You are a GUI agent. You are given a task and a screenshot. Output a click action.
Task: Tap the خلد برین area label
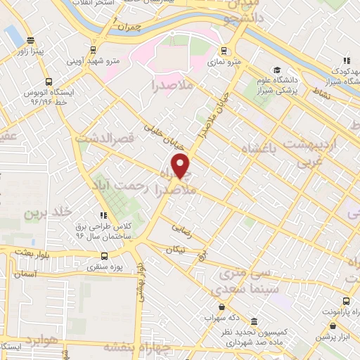coord(49,212)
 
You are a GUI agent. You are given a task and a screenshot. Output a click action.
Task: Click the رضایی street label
coord(181,229)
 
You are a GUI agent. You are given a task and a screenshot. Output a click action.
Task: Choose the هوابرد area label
coord(38,347)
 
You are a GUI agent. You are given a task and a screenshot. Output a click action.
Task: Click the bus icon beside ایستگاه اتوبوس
coord(49,81)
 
